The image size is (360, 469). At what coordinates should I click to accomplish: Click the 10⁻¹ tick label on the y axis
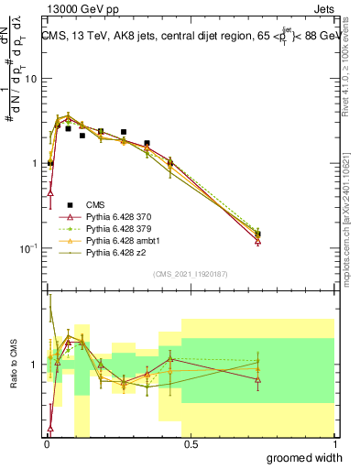click(x=30, y=248)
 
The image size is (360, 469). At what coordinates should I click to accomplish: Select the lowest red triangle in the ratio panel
click(x=49, y=428)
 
